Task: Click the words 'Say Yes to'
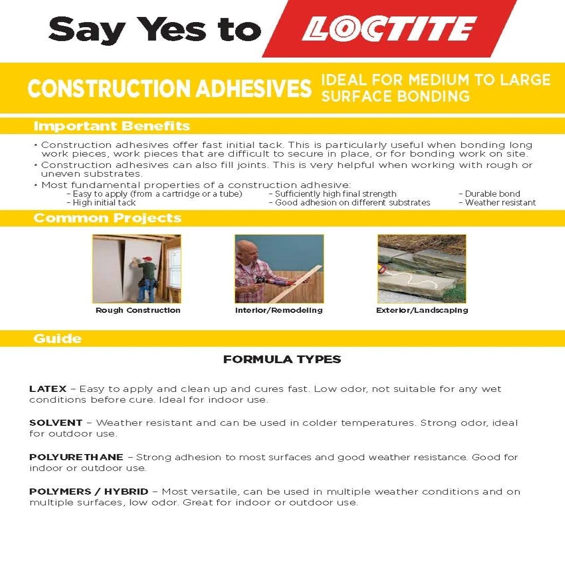tap(155, 29)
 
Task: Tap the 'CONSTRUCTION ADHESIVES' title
tap(169, 88)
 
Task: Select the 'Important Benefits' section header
tap(111, 126)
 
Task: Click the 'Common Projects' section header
tap(107, 218)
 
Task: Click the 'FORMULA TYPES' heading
tap(282, 360)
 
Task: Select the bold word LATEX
tap(48, 389)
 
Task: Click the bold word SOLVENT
tap(55, 423)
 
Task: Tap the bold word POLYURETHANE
tap(76, 457)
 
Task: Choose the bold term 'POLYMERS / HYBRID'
tap(88, 491)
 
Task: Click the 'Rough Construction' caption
tap(138, 310)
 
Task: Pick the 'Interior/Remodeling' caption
tap(279, 310)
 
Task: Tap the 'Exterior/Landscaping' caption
tap(422, 310)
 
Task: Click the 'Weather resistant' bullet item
tap(500, 203)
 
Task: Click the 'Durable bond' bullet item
tap(492, 194)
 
